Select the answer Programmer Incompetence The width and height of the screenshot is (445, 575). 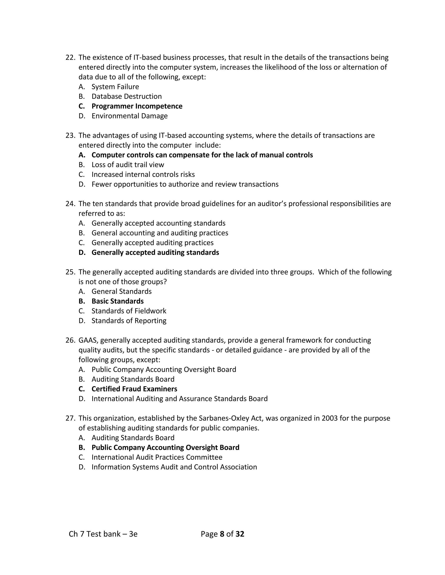point(137,106)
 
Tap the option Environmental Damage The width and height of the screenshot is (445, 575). point(130,116)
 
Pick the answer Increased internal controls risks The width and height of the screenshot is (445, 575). point(143,174)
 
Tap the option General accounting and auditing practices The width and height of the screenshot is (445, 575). point(160,233)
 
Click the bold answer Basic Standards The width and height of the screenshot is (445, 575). point(118,301)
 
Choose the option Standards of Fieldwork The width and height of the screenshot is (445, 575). point(129,311)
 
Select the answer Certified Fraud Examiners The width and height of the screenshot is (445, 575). point(134,389)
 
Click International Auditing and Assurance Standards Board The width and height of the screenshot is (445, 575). point(179,399)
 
